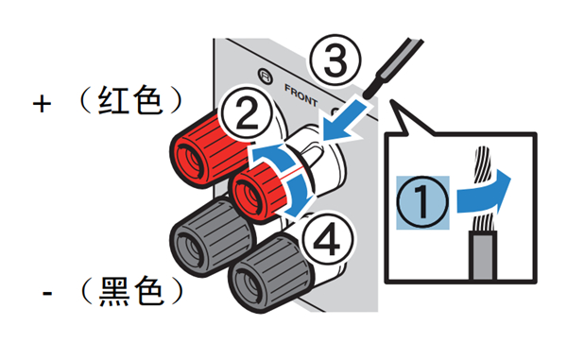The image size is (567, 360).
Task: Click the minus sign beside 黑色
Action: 44,294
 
